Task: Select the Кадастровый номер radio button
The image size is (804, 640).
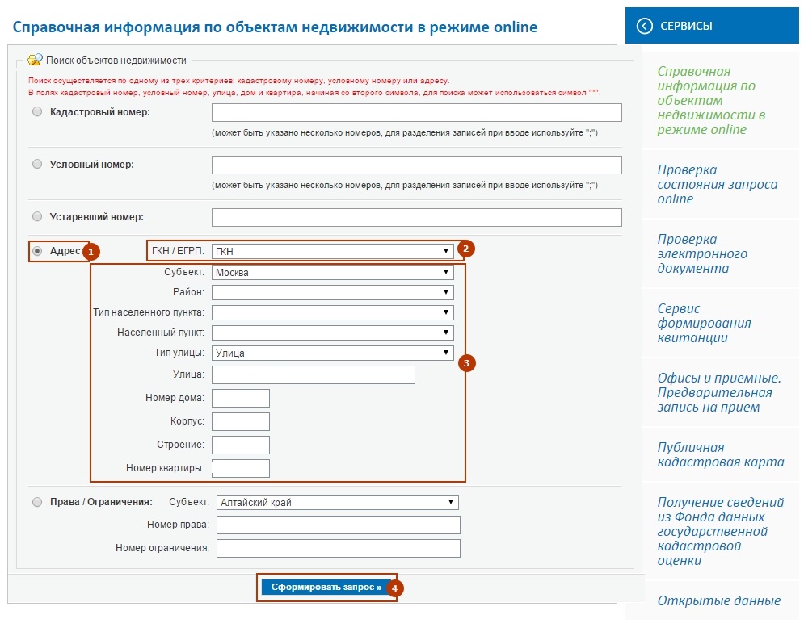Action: click(x=37, y=112)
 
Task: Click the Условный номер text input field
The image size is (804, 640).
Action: click(x=416, y=165)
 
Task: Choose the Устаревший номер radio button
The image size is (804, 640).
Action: click(x=37, y=216)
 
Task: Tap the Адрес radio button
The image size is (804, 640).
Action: click(x=37, y=251)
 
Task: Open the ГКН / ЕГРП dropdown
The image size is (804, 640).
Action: click(x=332, y=251)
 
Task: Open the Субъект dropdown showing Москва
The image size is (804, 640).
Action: click(x=332, y=273)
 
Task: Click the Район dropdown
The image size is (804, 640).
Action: click(x=332, y=292)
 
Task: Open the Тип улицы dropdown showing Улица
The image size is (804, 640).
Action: click(x=332, y=353)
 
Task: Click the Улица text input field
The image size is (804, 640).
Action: click(x=313, y=374)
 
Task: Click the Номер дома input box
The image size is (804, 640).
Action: click(x=240, y=398)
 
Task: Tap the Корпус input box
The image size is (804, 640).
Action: click(x=240, y=421)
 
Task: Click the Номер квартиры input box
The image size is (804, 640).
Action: click(x=240, y=468)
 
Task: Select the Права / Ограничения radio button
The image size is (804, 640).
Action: click(x=37, y=502)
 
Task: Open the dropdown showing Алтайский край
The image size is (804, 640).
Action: click(x=337, y=502)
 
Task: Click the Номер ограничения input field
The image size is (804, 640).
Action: click(x=338, y=549)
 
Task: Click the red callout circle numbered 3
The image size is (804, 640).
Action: click(x=465, y=363)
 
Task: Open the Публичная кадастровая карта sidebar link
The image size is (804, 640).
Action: click(x=720, y=454)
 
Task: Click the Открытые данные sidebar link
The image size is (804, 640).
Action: click(x=718, y=600)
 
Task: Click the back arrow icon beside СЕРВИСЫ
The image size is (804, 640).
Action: click(x=644, y=26)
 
